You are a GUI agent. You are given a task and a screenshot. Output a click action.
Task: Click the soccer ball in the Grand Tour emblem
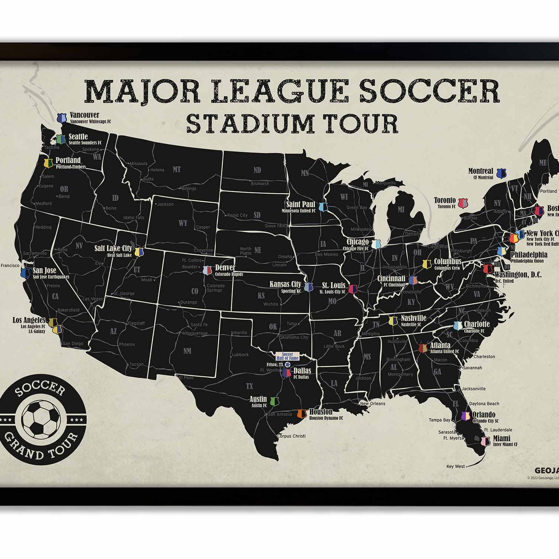coord(41,420)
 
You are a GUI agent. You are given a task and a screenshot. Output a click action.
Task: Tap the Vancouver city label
coord(84,115)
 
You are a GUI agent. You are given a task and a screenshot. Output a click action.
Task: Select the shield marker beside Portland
coord(48,163)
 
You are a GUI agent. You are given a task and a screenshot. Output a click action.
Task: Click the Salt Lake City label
coord(113,249)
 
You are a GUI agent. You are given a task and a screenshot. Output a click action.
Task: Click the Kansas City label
coord(286,284)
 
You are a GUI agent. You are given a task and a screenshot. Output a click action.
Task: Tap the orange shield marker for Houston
coord(301,413)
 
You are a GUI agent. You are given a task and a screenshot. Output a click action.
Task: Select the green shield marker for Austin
coord(274,402)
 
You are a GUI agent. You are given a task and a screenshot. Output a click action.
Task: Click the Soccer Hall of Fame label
coord(287,356)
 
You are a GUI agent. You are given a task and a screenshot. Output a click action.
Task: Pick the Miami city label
coord(502,438)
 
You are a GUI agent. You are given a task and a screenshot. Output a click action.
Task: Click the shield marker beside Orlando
coord(465,416)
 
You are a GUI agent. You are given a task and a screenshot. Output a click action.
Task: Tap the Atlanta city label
coord(440,345)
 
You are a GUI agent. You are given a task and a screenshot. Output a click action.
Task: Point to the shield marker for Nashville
coord(393,320)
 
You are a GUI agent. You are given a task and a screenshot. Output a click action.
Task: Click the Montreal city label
coord(481,171)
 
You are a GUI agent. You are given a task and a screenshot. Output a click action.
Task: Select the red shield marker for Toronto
coord(463,203)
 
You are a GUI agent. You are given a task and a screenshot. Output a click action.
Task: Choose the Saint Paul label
coord(301,204)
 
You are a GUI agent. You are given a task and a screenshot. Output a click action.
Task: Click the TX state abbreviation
coord(249,386)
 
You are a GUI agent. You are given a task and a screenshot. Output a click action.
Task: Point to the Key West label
coord(456,466)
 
